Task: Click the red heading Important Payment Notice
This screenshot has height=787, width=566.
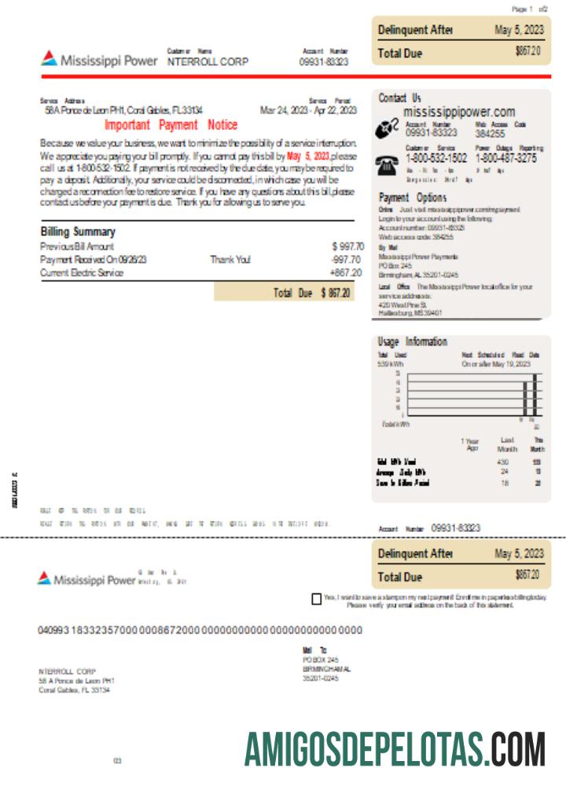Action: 171,125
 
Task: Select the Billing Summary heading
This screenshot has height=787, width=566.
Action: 78,231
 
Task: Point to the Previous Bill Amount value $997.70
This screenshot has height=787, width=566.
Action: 347,246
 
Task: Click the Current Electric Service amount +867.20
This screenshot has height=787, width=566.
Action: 346,272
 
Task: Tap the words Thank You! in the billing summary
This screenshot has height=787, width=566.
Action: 230,259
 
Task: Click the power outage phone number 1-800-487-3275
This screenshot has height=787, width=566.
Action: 506,157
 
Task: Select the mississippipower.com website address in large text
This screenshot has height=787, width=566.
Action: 459,113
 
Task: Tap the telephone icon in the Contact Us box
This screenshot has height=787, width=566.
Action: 387,164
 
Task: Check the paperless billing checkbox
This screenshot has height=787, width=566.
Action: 316,600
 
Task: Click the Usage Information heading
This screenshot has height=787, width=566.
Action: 412,342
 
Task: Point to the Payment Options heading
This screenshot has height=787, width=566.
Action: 412,198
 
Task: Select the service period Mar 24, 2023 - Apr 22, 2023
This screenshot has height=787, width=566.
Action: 308,111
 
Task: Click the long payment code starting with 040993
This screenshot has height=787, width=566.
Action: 200,630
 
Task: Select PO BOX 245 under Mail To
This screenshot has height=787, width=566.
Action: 320,660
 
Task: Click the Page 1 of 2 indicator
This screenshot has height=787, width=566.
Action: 534,9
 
